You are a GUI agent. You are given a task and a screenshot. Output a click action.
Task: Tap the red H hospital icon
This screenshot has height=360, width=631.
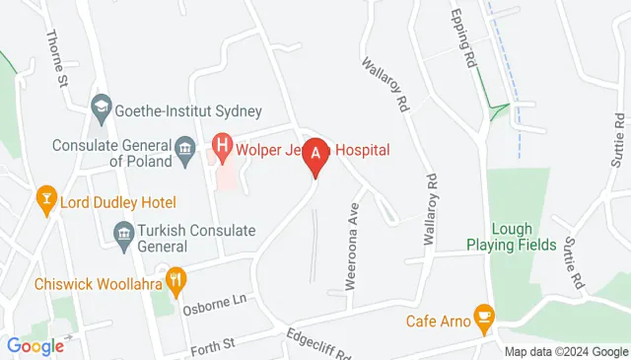[223, 151]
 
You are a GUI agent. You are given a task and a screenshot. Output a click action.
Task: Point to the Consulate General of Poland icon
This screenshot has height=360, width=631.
[184, 150]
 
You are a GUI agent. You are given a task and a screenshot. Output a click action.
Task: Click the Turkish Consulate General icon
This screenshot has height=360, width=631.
[124, 234]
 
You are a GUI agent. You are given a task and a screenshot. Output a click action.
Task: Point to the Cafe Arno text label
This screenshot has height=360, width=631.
[437, 321]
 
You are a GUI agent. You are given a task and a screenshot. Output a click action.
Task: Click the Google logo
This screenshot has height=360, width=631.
[35, 345]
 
